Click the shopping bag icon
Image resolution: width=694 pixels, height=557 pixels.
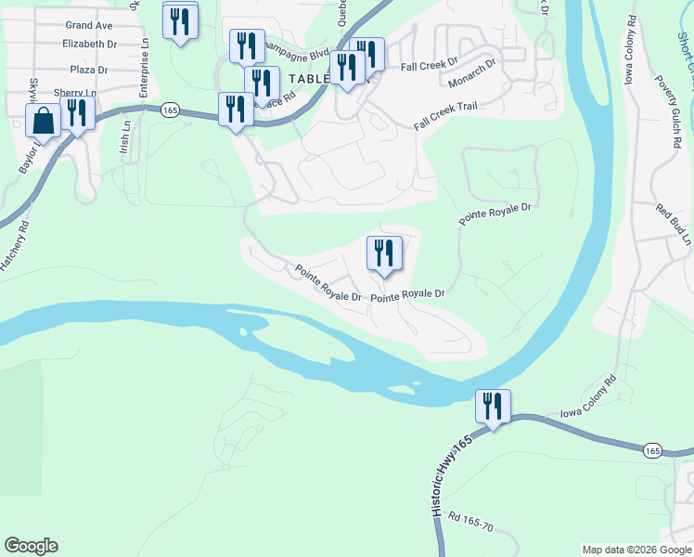click(43, 122)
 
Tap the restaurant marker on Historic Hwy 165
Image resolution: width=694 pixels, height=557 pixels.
click(492, 407)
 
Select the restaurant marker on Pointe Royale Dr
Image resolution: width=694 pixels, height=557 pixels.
click(383, 254)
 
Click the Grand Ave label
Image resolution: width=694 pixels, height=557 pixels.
click(89, 25)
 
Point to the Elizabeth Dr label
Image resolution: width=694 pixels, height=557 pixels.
click(90, 44)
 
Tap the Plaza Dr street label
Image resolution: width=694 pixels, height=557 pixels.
click(89, 70)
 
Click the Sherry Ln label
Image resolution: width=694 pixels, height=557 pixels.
click(75, 93)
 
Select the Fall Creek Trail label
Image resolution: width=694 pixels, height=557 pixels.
click(445, 117)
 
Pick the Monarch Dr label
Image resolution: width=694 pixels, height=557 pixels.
click(472, 73)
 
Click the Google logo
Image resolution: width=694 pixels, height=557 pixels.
click(31, 546)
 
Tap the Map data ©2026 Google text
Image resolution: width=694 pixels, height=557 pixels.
click(636, 550)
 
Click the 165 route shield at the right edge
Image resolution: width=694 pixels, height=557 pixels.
click(652, 450)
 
